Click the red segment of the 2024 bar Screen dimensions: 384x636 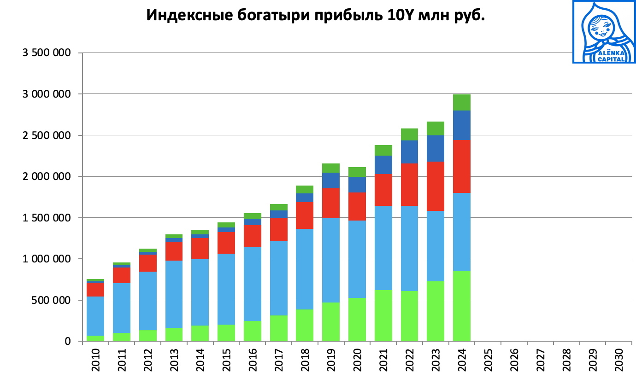coord(461,166)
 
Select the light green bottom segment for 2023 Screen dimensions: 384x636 coord(436,311)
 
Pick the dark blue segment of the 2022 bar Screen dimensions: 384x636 coord(409,152)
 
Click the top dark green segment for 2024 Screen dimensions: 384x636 coord(461,102)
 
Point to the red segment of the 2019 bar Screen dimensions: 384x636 coord(331,203)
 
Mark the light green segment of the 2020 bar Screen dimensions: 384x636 coord(357,320)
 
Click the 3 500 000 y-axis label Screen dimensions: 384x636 coord(47,53)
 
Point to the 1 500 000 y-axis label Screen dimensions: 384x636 coord(47,218)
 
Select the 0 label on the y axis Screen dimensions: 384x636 coord(68,341)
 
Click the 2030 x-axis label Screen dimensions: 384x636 coord(619,361)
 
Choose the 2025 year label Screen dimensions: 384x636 coord(488,361)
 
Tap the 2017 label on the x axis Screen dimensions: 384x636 coord(278,361)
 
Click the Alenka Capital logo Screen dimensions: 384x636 coord(604,31)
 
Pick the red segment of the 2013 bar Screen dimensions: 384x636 coord(174,251)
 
